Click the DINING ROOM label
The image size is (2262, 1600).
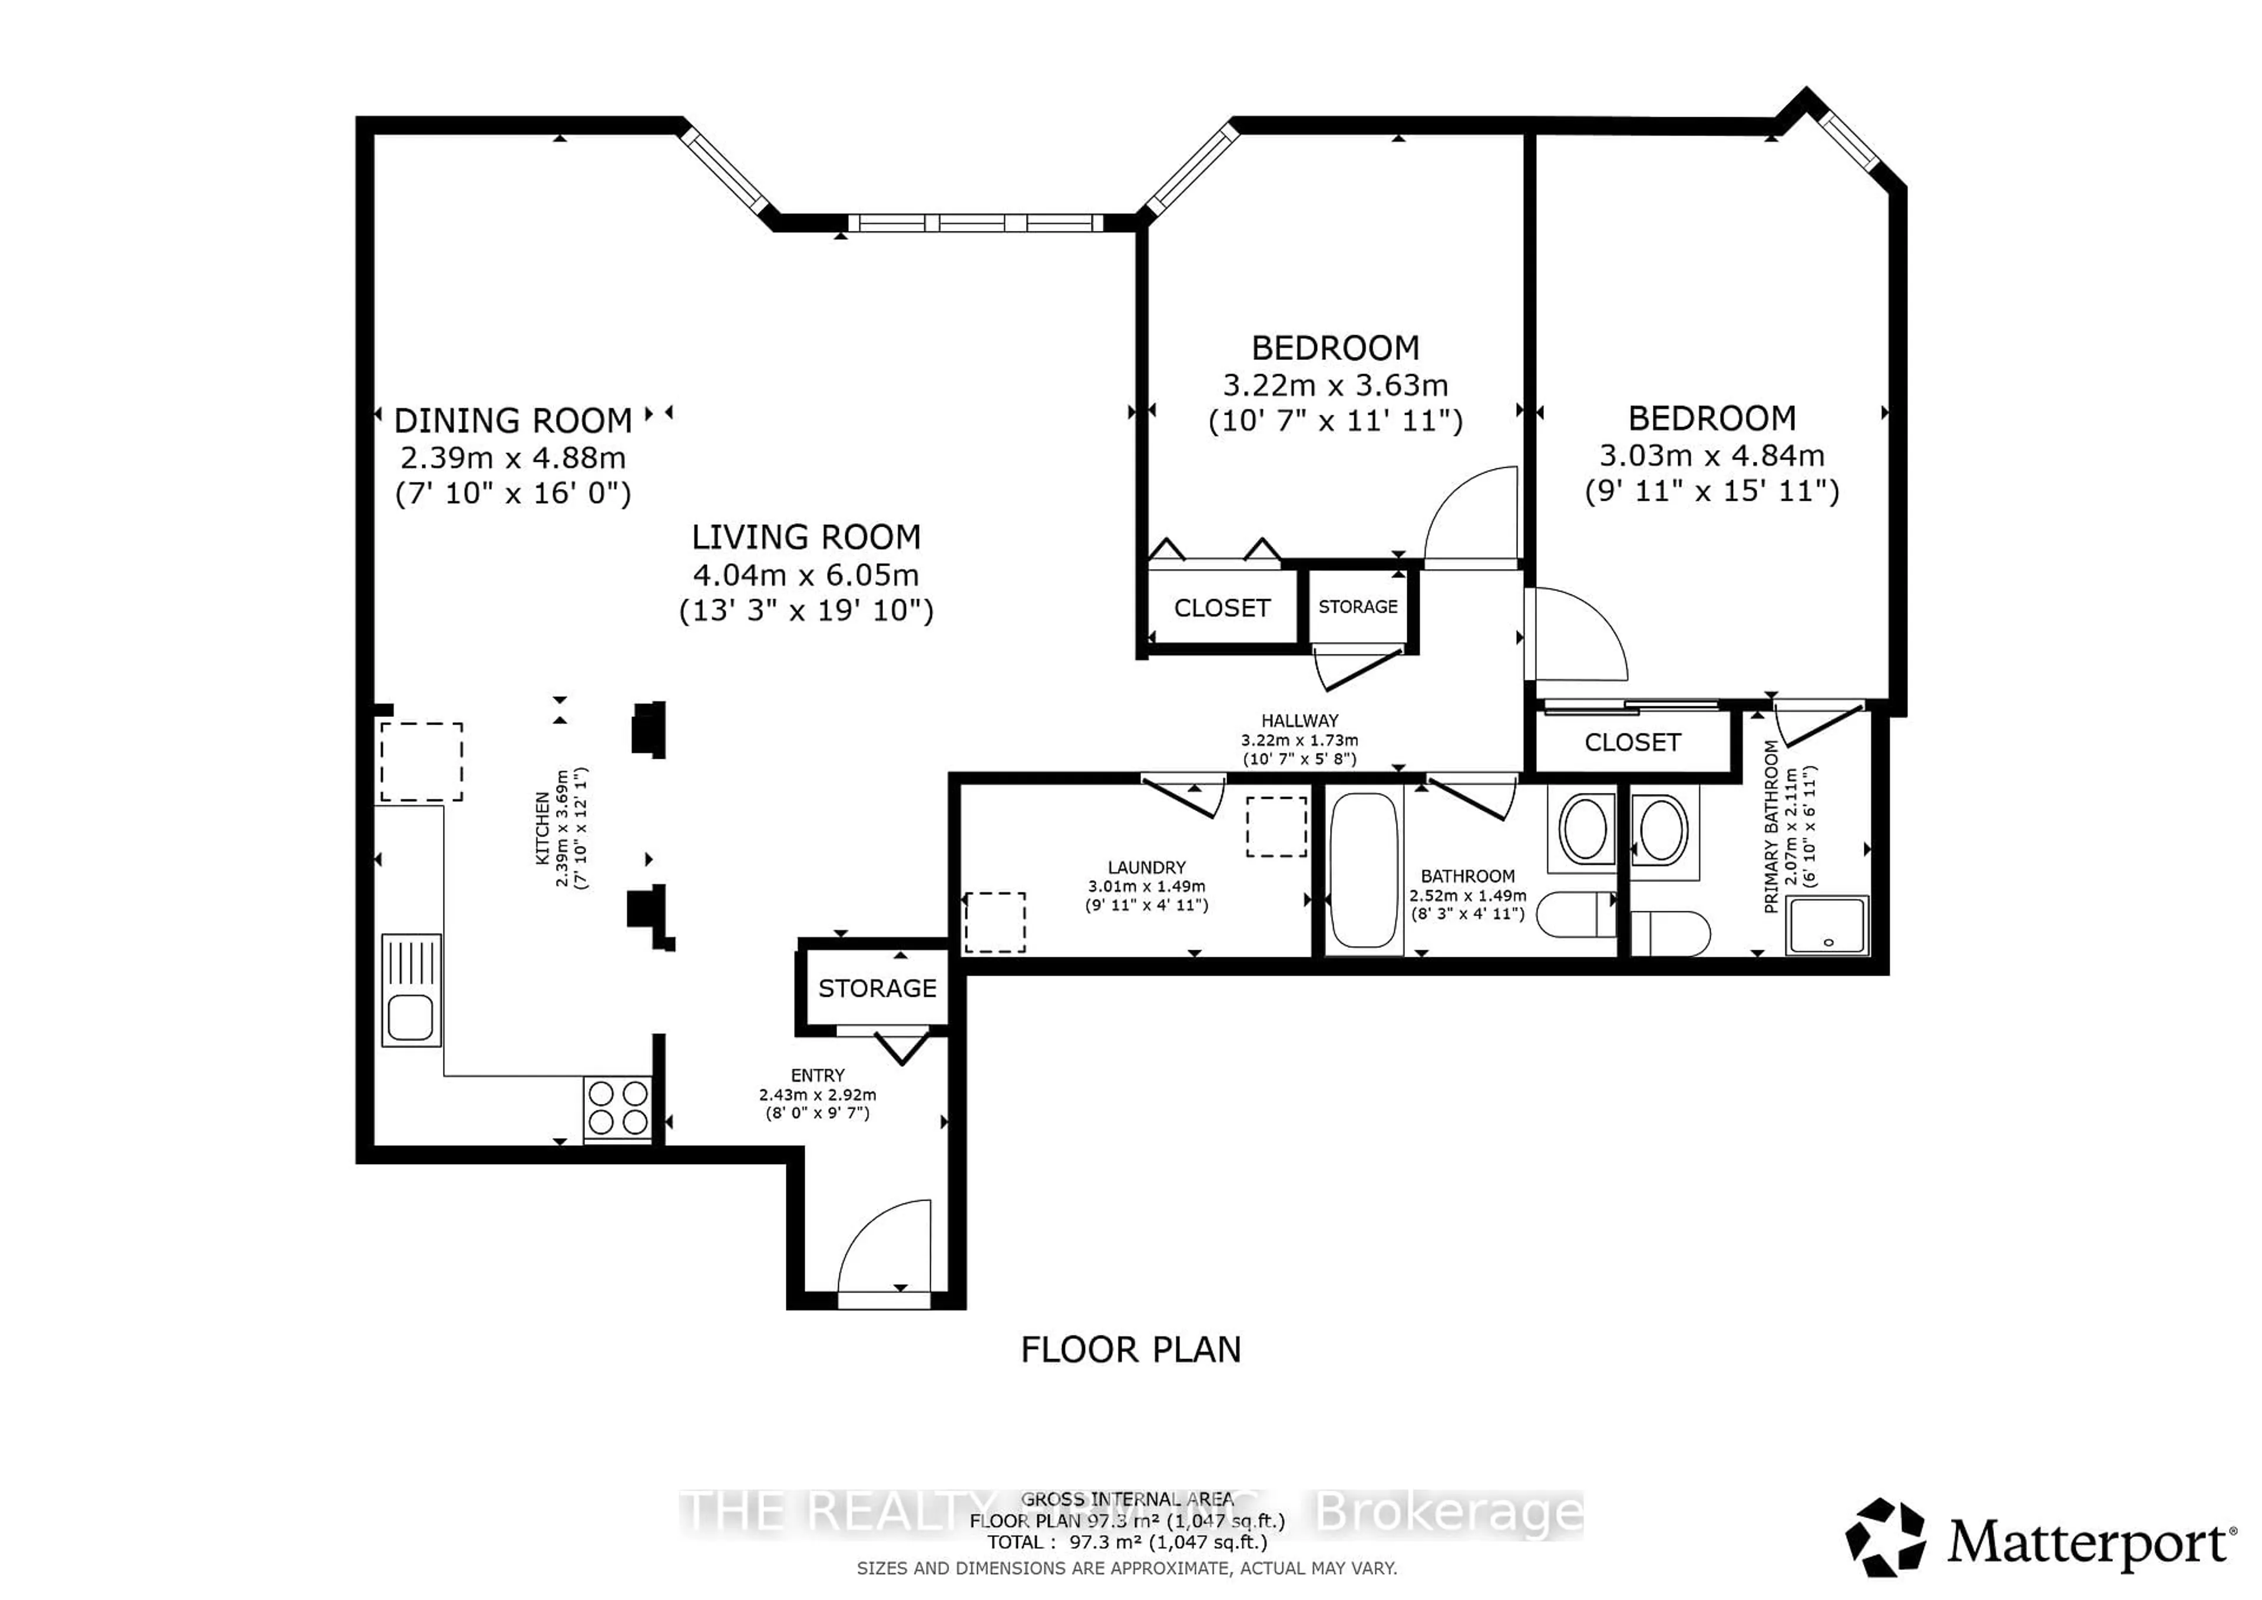coord(512,421)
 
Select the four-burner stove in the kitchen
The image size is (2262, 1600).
coord(618,1108)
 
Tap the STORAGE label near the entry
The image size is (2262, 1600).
coord(877,988)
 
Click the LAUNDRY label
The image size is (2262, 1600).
coord(1146,867)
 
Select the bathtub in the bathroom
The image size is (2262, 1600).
coord(1364,870)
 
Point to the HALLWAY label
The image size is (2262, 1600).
coord(1299,720)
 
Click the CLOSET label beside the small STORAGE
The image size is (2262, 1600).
coord(1222,608)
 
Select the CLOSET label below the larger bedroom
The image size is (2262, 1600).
coord(1632,742)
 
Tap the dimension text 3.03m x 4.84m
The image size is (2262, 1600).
coord(1711,455)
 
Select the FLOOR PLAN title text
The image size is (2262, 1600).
coord(1130,1349)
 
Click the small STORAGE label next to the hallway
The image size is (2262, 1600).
coord(1358,607)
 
